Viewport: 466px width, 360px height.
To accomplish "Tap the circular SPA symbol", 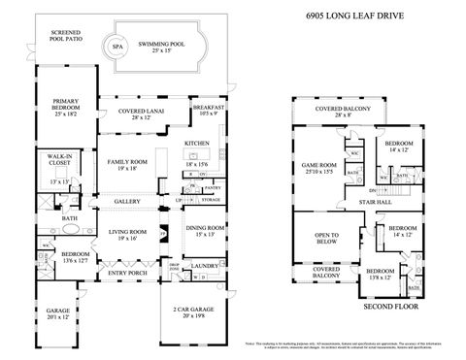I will tap(117, 45).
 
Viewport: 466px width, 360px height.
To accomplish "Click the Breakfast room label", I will tap(209, 110).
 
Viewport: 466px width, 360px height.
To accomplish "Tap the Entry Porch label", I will tap(125, 274).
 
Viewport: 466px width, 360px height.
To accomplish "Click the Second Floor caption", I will tap(389, 307).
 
